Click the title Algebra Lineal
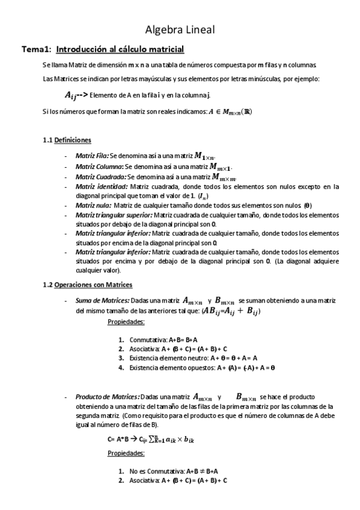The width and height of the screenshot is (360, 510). pos(180,29)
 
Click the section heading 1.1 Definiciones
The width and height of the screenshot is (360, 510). pos(67,140)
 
